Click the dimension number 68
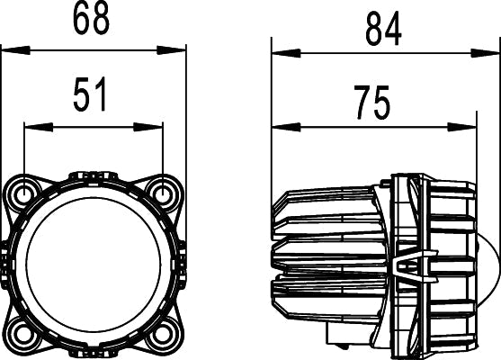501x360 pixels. [x=93, y=18]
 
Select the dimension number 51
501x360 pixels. [x=90, y=94]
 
